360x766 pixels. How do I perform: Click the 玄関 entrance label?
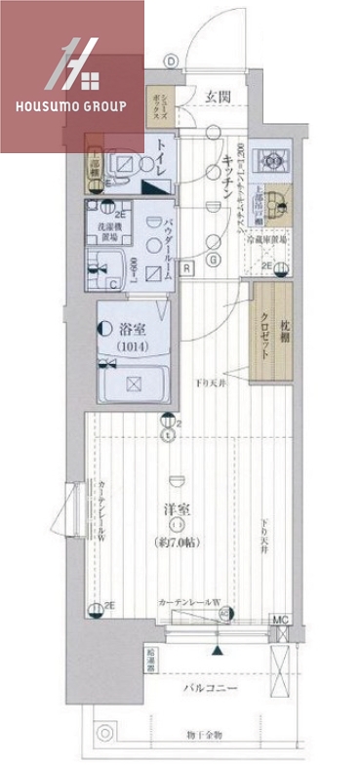coord(217,95)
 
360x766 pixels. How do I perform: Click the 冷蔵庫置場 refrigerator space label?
coord(265,239)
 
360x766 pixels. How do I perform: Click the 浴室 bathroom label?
coord(133,330)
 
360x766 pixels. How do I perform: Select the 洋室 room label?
coord(176,509)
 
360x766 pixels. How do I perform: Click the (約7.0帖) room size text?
coord(177,541)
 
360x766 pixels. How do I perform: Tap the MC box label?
coord(281,621)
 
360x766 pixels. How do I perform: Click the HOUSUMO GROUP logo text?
coord(72,104)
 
